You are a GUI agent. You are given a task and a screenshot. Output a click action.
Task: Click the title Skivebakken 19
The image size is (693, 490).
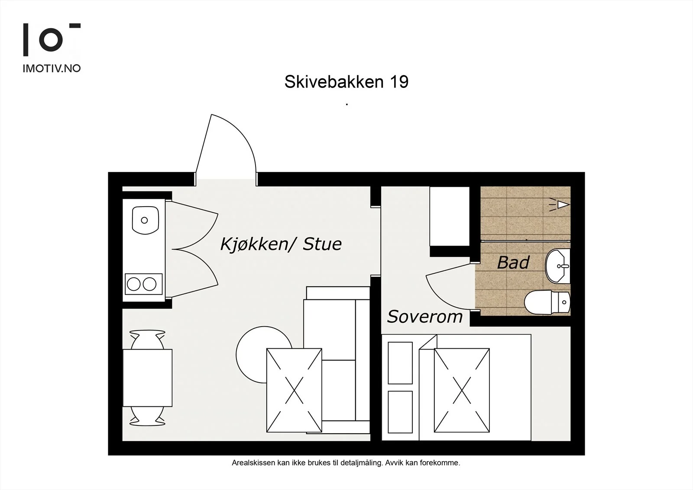pyautogui.click(x=346, y=82)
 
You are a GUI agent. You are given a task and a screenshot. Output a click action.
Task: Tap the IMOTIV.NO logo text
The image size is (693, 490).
pyautogui.click(x=52, y=68)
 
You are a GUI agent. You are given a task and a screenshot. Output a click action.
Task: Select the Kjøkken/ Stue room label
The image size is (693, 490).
pyautogui.click(x=281, y=244)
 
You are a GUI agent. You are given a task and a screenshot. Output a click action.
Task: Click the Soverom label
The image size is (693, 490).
pyautogui.click(x=425, y=317)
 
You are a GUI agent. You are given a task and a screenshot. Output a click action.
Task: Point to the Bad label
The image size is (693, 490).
pyautogui.click(x=513, y=263)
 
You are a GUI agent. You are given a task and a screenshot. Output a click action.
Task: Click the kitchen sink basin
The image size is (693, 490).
pyautogui.click(x=146, y=221)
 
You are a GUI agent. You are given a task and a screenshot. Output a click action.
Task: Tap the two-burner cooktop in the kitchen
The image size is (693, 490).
pyautogui.click(x=143, y=284)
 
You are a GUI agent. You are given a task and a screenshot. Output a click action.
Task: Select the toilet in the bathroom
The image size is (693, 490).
pyautogui.click(x=547, y=302)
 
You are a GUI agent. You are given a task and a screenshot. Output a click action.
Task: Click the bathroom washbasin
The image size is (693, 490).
pyautogui.click(x=557, y=266)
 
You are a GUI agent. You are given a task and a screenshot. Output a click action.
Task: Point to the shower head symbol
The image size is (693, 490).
pyautogui.click(x=560, y=204)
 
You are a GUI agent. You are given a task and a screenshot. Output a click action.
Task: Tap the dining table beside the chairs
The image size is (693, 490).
pyautogui.click(x=148, y=378)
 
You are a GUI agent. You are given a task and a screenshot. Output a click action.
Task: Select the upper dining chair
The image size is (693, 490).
pyautogui.click(x=147, y=340)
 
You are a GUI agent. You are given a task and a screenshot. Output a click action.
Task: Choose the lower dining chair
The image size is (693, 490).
pyautogui.click(x=147, y=416)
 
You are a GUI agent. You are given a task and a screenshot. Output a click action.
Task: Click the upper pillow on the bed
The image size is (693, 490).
pyautogui.click(x=400, y=363)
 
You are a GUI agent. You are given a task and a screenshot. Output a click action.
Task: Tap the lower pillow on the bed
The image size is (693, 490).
pyautogui.click(x=400, y=412)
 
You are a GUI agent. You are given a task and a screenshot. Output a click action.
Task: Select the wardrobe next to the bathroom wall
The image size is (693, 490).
pyautogui.click(x=450, y=216)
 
